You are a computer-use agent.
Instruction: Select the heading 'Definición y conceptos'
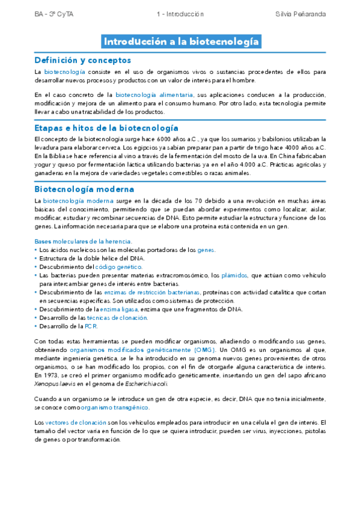(x=82, y=60)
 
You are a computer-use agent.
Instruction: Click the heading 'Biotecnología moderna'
(x=82, y=188)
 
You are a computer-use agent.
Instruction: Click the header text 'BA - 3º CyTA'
(x=52, y=13)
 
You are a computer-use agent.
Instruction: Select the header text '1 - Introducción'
(x=180, y=13)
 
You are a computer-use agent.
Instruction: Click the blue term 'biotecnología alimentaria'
(x=154, y=95)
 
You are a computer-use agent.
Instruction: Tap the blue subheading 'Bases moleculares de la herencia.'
(x=83, y=241)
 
